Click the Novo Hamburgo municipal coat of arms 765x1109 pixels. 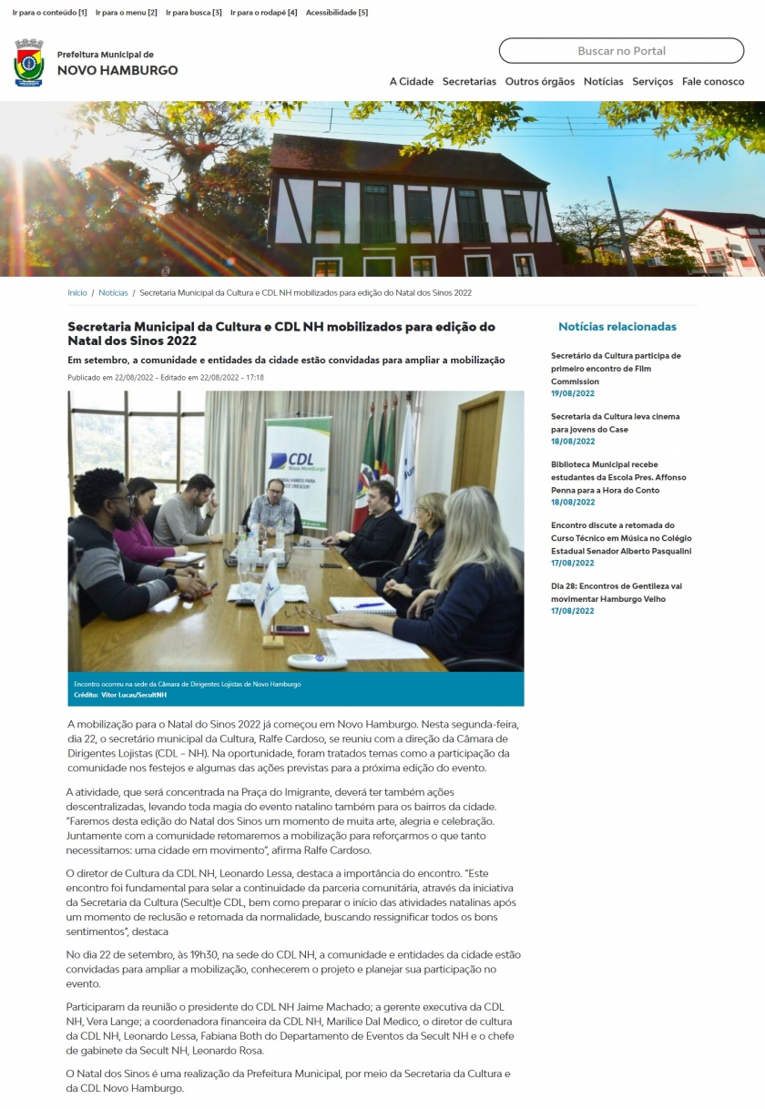tap(29, 63)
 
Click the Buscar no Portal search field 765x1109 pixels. tap(621, 51)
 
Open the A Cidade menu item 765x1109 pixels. tap(412, 81)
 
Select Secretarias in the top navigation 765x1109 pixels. tap(469, 81)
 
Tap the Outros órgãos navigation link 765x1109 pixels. tap(540, 81)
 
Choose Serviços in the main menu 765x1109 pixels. tap(652, 81)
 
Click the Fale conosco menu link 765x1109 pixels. tap(713, 81)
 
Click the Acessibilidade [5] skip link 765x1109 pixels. tap(337, 13)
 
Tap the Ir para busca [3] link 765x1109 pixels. tap(194, 13)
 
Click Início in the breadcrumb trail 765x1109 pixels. tap(77, 293)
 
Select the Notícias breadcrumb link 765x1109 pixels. tap(114, 293)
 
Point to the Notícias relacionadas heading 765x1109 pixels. tap(617, 327)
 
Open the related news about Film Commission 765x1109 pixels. tap(616, 368)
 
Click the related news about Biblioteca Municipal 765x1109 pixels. tap(618, 477)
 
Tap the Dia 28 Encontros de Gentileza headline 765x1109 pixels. tap(617, 592)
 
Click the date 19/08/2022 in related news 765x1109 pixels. tap(572, 393)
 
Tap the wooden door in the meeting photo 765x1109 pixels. tap(476, 446)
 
